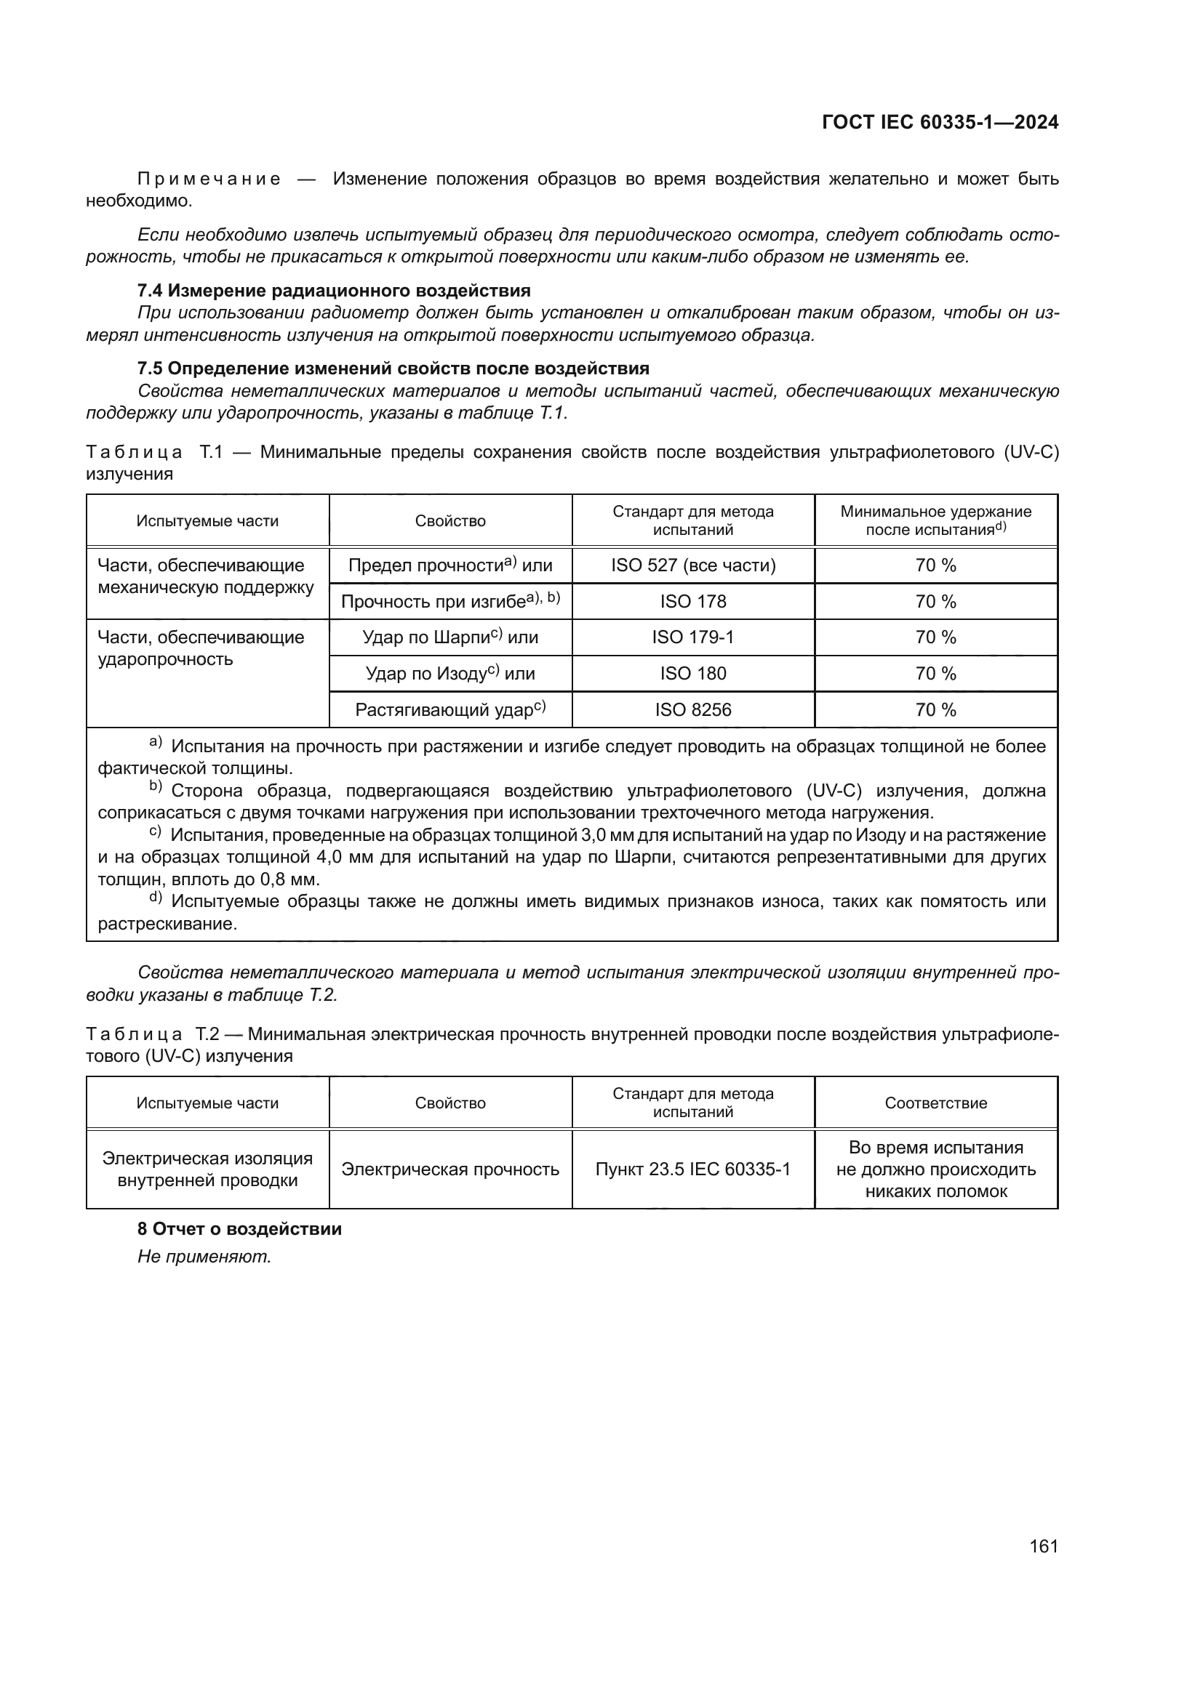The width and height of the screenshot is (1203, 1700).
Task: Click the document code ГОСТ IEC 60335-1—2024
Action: pyautogui.click(x=939, y=123)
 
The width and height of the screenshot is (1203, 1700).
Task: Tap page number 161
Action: pyautogui.click(x=1043, y=1546)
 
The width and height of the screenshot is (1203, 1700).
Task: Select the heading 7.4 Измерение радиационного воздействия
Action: pyautogui.click(x=334, y=290)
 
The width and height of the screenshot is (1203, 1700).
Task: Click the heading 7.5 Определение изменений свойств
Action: pyautogui.click(x=393, y=368)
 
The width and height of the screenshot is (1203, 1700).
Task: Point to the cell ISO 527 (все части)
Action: pyautogui.click(x=692, y=565)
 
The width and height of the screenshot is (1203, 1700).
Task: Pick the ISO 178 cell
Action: pyautogui.click(x=692, y=601)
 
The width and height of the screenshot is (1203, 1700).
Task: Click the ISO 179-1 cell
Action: pyautogui.click(x=692, y=637)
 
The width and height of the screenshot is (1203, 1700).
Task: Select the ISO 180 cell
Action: pyautogui.click(x=692, y=673)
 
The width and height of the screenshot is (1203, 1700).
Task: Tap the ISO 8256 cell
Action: pyautogui.click(x=692, y=709)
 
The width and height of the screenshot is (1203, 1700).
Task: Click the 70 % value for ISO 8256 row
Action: pyautogui.click(x=935, y=709)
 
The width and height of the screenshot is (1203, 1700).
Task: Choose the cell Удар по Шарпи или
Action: pyautogui.click(x=450, y=637)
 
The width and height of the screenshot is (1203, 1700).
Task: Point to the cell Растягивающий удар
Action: pyautogui.click(x=450, y=709)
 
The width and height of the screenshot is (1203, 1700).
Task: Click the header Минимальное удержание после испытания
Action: pyautogui.click(x=935, y=520)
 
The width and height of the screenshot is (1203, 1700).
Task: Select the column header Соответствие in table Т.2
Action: pyautogui.click(x=935, y=1103)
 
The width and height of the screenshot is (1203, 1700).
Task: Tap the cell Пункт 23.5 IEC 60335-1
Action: pyautogui.click(x=692, y=1169)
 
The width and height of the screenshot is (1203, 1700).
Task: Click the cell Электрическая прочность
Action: pyautogui.click(x=450, y=1169)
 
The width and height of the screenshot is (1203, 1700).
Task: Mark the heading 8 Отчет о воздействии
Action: pyautogui.click(x=240, y=1229)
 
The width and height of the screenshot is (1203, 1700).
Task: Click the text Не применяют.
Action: pyautogui.click(x=204, y=1257)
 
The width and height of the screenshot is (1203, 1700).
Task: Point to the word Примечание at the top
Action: pyautogui.click(x=209, y=180)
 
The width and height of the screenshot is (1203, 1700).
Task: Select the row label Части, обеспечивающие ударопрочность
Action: pyautogui.click(x=201, y=648)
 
